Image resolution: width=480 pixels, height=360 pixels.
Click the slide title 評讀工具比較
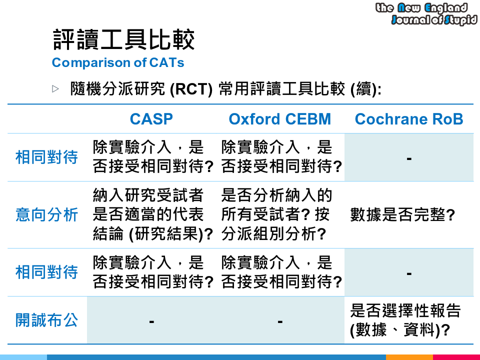coord(123,40)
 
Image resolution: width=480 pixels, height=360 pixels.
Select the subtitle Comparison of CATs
coord(118,63)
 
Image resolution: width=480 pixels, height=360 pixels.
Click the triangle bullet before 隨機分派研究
coord(55,89)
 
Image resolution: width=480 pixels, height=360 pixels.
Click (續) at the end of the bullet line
coord(366,89)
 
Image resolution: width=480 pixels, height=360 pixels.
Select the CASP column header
coord(151,119)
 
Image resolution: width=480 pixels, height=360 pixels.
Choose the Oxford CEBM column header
coord(280,119)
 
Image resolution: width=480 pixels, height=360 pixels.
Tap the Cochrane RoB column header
coord(409,119)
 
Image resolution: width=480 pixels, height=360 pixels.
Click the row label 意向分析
coord(47,215)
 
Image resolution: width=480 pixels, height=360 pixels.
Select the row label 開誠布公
coord(47,320)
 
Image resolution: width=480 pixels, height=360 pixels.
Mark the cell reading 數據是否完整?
coord(403,215)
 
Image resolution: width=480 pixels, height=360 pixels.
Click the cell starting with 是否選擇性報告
coord(405,320)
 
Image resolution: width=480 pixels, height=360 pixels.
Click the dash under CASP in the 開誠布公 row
coord(151,320)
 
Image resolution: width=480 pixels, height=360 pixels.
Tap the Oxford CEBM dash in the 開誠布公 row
coord(280,320)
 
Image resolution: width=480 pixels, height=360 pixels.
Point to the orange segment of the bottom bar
coord(409,357)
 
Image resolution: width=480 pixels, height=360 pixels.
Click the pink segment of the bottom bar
coord(456,357)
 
